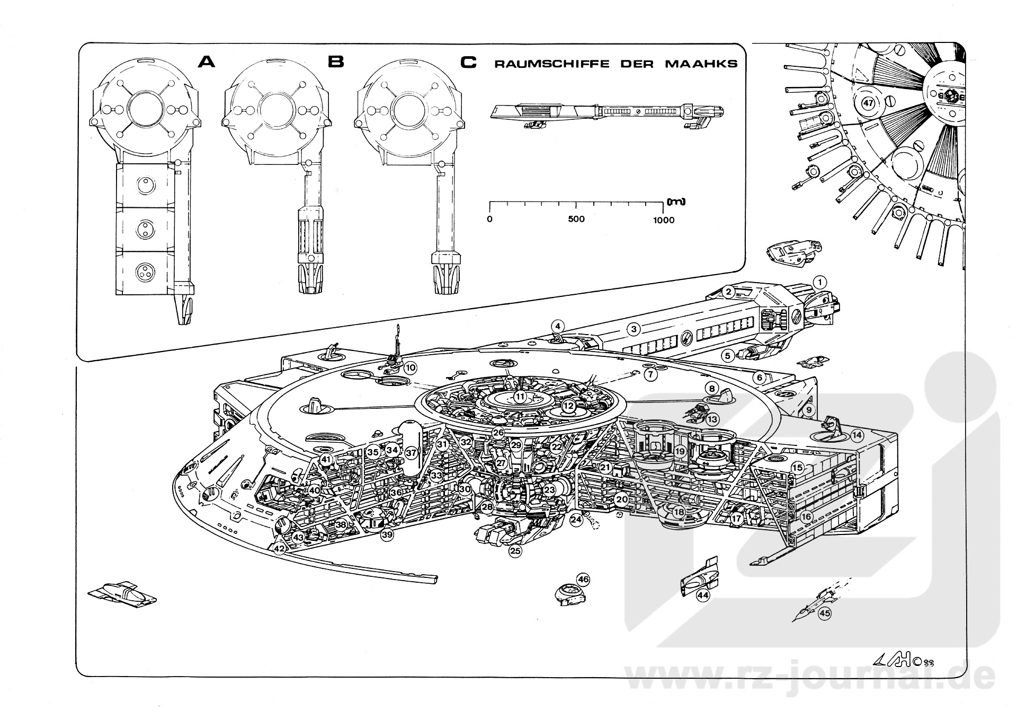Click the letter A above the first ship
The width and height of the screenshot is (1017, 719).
tap(206, 62)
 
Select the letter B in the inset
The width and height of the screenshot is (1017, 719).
tap(336, 62)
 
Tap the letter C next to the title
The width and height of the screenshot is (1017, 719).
tap(468, 63)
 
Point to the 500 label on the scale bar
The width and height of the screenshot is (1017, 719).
tap(576, 219)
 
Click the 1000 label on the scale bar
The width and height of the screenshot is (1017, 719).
tap(663, 220)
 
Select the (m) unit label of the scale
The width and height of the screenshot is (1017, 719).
tap(676, 201)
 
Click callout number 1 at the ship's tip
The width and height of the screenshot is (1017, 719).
tap(819, 282)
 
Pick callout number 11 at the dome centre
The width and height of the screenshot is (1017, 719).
tap(520, 397)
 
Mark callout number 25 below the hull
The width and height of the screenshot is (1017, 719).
tap(515, 551)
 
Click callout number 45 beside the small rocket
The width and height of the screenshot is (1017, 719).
tap(825, 613)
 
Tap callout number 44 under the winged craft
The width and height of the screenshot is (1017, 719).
tap(703, 595)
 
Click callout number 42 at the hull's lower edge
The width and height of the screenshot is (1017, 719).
tap(280, 549)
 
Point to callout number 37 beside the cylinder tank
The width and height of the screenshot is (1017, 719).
tap(412, 453)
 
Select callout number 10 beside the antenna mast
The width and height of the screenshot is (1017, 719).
tap(411, 367)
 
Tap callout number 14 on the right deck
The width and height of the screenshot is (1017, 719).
tap(857, 436)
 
